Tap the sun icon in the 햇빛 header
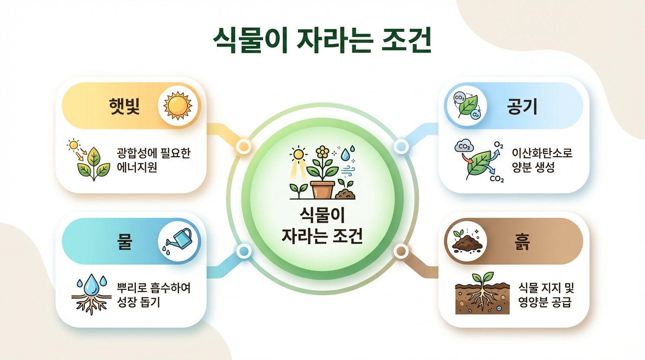[x=178, y=105]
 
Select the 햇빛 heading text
[x=124, y=106]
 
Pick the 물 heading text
[x=124, y=241]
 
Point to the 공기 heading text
[x=522, y=106]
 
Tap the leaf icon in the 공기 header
[x=467, y=106]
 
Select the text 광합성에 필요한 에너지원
[x=153, y=160]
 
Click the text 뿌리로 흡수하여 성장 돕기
[x=153, y=295]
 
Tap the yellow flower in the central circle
[x=322, y=152]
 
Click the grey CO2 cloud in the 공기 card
[x=464, y=146]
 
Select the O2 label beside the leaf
[x=498, y=145]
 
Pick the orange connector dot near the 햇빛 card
[x=244, y=146]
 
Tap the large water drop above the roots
[x=91, y=284]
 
